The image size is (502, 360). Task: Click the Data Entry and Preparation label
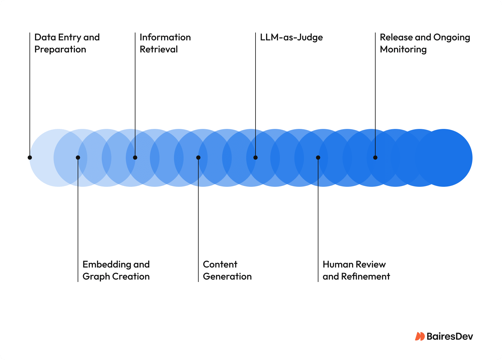(67, 43)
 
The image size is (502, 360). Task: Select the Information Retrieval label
(165, 43)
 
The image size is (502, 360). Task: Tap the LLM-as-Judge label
(291, 37)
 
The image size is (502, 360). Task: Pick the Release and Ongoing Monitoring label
(425, 43)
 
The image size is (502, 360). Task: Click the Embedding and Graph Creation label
(116, 270)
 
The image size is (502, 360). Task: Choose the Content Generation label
(227, 270)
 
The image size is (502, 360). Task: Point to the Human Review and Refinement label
(356, 270)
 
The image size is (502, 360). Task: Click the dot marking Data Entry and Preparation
(30, 158)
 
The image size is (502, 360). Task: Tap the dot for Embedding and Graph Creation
(78, 158)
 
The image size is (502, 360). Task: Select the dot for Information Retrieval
(135, 158)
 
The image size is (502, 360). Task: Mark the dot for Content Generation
(198, 158)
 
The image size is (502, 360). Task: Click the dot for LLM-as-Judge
(256, 158)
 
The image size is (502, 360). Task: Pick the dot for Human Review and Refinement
(318, 158)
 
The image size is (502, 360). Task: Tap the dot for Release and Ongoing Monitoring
(375, 158)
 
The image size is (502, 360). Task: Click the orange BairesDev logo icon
(420, 336)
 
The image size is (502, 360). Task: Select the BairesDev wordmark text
(450, 337)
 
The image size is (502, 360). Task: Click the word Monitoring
(403, 49)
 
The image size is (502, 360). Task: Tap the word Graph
(96, 277)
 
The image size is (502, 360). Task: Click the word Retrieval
(159, 49)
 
